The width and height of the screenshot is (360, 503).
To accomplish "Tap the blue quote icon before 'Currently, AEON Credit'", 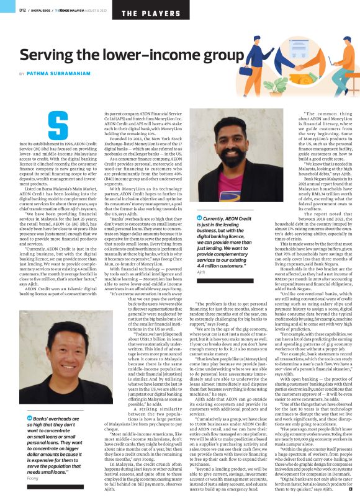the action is pyautogui.click(x=199, y=218).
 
